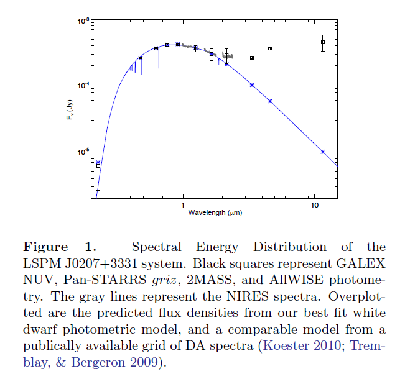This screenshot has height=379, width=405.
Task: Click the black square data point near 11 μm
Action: tap(322, 42)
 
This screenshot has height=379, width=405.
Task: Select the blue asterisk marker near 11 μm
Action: tap(322, 152)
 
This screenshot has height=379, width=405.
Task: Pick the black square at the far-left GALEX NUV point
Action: tap(98, 166)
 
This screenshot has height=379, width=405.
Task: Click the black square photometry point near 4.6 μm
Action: tap(270, 48)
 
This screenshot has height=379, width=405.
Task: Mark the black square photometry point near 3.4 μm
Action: tap(252, 58)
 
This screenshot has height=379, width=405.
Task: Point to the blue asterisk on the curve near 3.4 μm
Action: tap(252, 84)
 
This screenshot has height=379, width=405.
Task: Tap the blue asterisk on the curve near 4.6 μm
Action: tap(270, 101)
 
